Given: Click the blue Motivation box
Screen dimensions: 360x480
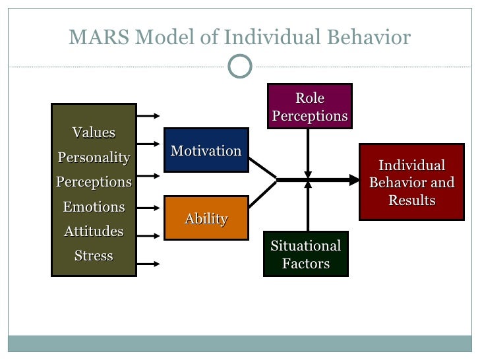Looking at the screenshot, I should pyautogui.click(x=206, y=150).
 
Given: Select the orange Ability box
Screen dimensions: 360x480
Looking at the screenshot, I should pyautogui.click(x=206, y=219).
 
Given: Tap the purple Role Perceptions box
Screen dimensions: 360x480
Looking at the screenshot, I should pyautogui.click(x=309, y=107).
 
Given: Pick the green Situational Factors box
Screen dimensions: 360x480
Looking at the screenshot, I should pyautogui.click(x=306, y=255).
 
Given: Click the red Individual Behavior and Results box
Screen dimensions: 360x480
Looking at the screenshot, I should pyautogui.click(x=411, y=183).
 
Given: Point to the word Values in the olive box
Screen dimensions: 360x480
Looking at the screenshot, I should pyautogui.click(x=94, y=133).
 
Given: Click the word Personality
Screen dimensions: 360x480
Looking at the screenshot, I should pyautogui.click(x=94, y=158).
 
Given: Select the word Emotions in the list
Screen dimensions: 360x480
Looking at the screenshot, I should pyautogui.click(x=94, y=207).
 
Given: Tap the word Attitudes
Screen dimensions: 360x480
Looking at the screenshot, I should pyautogui.click(x=94, y=231).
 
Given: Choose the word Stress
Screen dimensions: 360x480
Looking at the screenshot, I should pyautogui.click(x=94, y=256).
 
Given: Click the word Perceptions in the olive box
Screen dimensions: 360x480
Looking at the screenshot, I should pyautogui.click(x=94, y=181).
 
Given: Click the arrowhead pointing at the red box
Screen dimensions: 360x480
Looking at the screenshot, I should pyautogui.click(x=355, y=179).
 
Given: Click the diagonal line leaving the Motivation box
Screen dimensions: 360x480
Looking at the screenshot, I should pyautogui.click(x=262, y=167).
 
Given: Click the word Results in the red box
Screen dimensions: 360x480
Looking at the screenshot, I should pyautogui.click(x=411, y=200).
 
